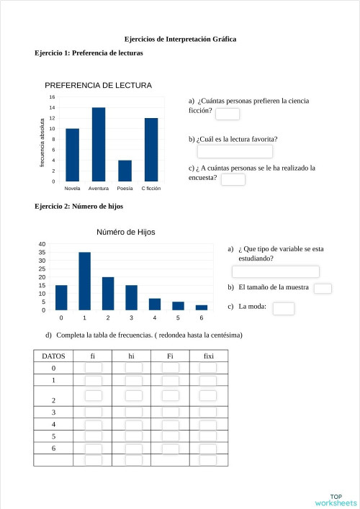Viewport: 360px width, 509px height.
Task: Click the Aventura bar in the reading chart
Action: (99, 144)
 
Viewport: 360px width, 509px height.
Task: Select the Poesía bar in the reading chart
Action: (125, 171)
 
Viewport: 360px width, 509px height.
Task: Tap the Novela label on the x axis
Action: (72, 188)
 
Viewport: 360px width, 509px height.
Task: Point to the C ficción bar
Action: (151, 150)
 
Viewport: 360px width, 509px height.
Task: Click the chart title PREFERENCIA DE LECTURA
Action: (98, 85)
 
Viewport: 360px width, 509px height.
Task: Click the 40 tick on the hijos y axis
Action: (42, 244)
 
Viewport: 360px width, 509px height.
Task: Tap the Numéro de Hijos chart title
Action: (126, 232)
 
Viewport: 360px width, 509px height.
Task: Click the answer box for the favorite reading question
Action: (235, 151)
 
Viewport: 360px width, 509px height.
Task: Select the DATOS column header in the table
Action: (54, 356)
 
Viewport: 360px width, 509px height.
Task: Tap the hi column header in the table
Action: (132, 356)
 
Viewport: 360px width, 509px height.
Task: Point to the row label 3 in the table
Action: (54, 412)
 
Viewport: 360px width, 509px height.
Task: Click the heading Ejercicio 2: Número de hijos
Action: (78, 207)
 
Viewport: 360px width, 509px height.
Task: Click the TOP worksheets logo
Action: (335, 500)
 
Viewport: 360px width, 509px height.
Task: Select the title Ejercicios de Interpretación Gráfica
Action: (180, 39)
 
